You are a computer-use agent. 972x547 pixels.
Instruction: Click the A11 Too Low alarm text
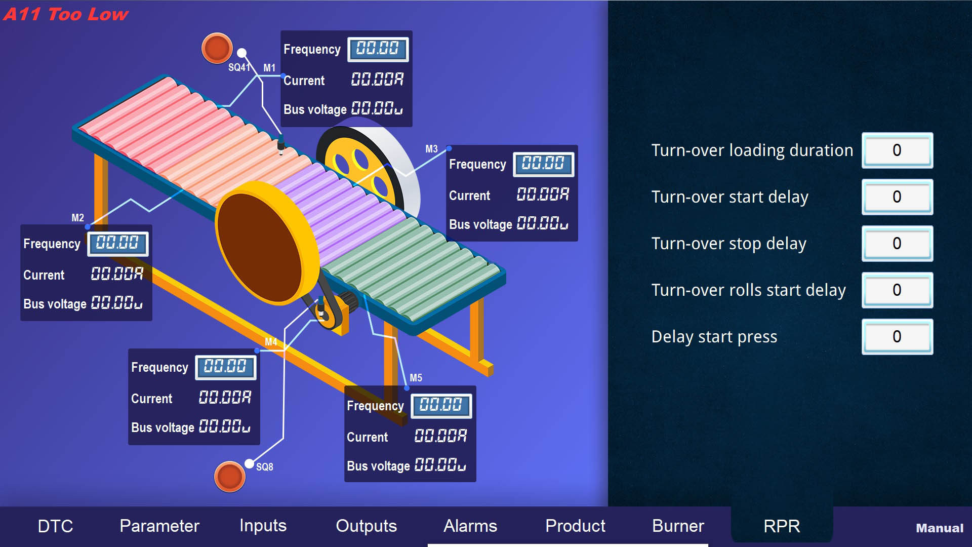tap(66, 14)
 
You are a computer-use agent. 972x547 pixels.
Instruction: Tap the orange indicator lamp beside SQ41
tap(217, 48)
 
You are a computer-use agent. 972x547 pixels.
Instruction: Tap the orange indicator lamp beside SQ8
tap(229, 476)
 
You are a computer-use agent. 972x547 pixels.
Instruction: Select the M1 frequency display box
tap(378, 49)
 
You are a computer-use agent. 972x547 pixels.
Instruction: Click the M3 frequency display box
tap(543, 164)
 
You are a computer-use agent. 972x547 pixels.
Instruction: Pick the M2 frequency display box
tap(117, 244)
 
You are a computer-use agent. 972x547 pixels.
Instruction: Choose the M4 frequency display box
tap(225, 367)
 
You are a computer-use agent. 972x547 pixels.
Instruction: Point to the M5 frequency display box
tap(441, 406)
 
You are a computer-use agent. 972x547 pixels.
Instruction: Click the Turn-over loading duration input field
tap(897, 150)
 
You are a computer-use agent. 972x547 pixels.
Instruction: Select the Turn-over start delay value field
tap(897, 197)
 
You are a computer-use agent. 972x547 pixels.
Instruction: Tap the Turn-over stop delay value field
tap(897, 244)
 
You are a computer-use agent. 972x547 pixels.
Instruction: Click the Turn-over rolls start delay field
tap(897, 290)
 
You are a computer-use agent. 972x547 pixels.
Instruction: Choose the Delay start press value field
tap(897, 337)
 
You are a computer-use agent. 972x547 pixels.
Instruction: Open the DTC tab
tap(55, 526)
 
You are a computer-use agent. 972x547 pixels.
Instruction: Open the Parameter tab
tap(159, 526)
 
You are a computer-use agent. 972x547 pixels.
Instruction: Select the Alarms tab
tap(470, 526)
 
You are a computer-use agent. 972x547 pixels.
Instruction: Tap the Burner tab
tap(678, 526)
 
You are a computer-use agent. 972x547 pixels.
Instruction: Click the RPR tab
tap(782, 526)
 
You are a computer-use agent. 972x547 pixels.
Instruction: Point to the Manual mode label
tap(939, 528)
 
